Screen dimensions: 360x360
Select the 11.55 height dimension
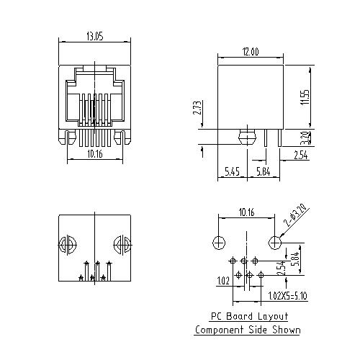tap(306, 97)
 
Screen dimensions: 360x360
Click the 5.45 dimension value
tap(232, 171)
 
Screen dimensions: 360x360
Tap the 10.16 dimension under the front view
tap(94, 153)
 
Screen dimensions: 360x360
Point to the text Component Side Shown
tap(247, 330)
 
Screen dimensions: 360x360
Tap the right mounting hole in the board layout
tap(274, 241)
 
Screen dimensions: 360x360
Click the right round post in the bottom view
tap(122, 246)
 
